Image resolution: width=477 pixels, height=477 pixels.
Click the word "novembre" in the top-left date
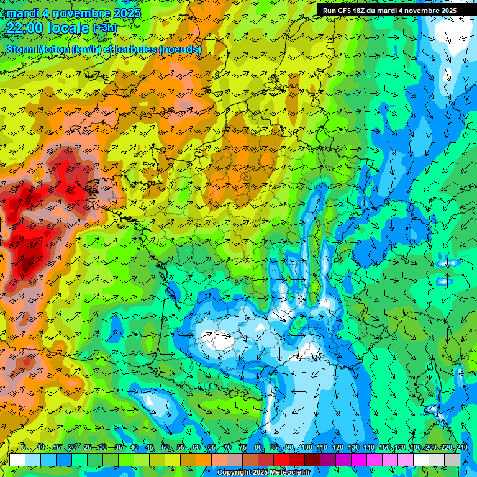(79, 13)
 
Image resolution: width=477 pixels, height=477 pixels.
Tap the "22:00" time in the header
(24, 27)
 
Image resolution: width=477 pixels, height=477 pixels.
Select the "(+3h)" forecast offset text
(104, 28)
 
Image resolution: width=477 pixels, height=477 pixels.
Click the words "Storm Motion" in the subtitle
(38, 49)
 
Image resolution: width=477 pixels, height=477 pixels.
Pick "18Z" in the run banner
(365, 10)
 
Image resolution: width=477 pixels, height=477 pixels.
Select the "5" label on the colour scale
(24, 447)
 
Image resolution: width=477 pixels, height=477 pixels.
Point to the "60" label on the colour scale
(196, 447)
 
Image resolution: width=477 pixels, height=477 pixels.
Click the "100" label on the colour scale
(306, 447)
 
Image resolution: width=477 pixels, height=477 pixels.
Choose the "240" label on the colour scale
(461, 447)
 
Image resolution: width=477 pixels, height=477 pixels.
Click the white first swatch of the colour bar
(17, 460)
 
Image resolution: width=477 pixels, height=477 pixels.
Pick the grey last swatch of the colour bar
(452, 460)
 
